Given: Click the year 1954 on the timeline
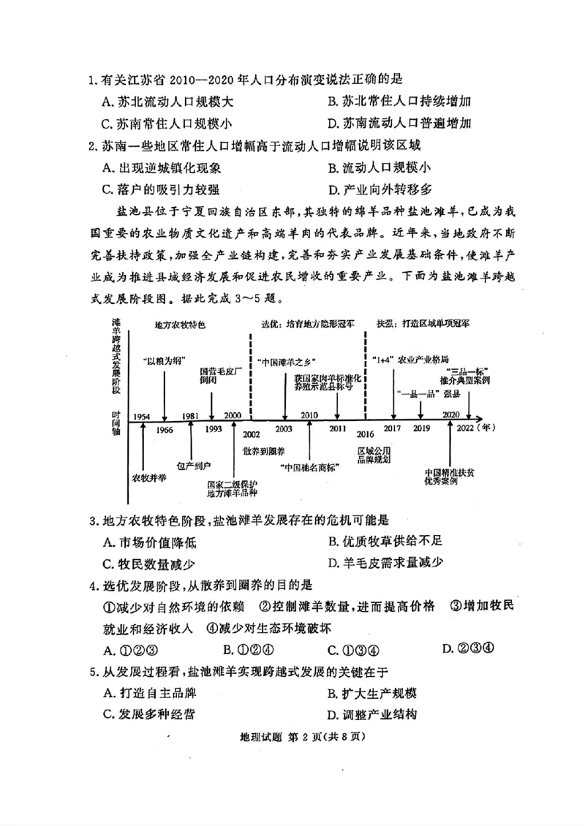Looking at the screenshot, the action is click(x=142, y=416).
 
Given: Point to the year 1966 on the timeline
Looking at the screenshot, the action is click(x=165, y=429).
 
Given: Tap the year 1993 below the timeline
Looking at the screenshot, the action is click(x=214, y=429).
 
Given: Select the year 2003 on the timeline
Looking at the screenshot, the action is click(x=284, y=429).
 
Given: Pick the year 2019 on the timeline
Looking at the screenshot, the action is click(x=421, y=429).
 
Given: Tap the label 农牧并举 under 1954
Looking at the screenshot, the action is click(x=148, y=478).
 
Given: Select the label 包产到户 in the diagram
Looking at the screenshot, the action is click(x=194, y=464).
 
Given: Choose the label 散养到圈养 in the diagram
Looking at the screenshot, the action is click(x=260, y=451).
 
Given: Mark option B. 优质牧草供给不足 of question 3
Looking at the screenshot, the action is click(x=385, y=541).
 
